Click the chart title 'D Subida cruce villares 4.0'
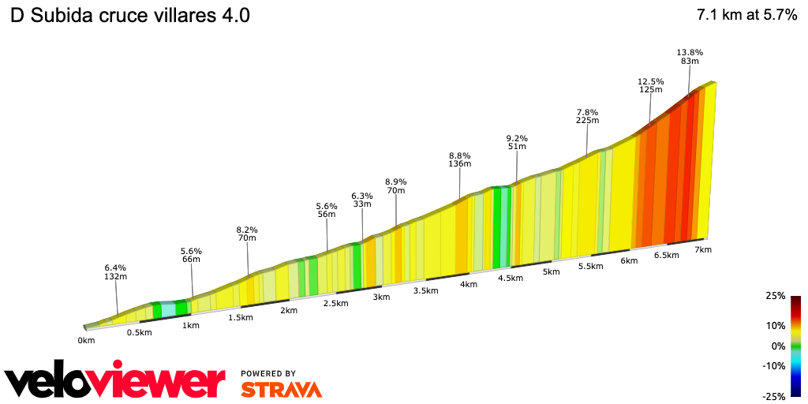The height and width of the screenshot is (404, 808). pyautogui.click(x=130, y=17)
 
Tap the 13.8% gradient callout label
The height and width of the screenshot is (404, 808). pyautogui.click(x=690, y=58)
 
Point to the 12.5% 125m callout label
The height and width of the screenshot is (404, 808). pyautogui.click(x=651, y=86)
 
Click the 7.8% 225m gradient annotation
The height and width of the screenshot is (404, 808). pyautogui.click(x=588, y=116)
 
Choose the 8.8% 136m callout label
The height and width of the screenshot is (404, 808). pyautogui.click(x=460, y=159)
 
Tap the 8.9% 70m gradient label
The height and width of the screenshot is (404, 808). pyautogui.click(x=396, y=185)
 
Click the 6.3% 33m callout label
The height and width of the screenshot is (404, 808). pyautogui.click(x=362, y=200)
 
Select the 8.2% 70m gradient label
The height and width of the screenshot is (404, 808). pyautogui.click(x=247, y=234)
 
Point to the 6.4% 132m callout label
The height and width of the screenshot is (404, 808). pyautogui.click(x=116, y=271)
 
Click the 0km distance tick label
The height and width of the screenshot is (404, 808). pyautogui.click(x=86, y=341)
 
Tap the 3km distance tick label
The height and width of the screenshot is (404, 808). pyautogui.click(x=381, y=297)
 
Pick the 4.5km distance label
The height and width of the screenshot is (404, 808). pyautogui.click(x=511, y=278)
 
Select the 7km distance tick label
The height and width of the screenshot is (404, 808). pyautogui.click(x=703, y=249)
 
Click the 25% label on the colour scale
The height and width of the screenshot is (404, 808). pyautogui.click(x=775, y=296)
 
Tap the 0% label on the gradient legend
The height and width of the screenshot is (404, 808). pyautogui.click(x=777, y=346)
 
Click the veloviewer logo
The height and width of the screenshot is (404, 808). pyautogui.click(x=115, y=381)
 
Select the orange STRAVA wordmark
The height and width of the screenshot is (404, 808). pyautogui.click(x=281, y=389)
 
